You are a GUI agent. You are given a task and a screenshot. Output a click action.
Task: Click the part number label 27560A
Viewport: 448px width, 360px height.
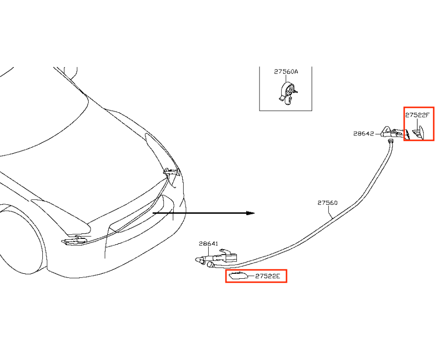(286, 72)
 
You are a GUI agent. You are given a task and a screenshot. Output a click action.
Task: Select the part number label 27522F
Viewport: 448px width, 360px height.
(417, 115)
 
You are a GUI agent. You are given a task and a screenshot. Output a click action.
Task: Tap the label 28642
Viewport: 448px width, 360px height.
(363, 134)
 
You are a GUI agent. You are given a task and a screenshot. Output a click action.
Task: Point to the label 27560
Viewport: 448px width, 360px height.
(327, 203)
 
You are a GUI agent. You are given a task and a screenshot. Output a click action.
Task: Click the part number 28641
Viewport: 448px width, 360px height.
(208, 244)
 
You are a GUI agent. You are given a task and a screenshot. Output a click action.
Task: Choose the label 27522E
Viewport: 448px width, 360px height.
(268, 276)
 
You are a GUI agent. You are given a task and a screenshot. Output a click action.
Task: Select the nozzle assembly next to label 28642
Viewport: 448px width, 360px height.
(396, 133)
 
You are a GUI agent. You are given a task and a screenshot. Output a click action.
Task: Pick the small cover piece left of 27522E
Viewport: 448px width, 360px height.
(238, 276)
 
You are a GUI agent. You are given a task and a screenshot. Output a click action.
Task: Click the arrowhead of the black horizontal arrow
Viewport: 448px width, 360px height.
(251, 213)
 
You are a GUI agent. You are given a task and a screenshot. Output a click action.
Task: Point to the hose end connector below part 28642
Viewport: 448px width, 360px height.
(390, 141)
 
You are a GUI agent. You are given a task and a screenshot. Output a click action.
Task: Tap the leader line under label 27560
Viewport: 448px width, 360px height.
(330, 212)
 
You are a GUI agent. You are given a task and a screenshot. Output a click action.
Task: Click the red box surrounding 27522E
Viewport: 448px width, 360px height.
(256, 276)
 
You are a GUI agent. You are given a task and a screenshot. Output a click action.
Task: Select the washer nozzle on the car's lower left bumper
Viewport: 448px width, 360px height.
(75, 241)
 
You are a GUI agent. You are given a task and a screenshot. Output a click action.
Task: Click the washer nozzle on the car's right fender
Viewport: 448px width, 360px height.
(172, 172)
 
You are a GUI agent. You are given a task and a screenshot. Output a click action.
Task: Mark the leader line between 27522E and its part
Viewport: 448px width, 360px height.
(251, 276)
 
